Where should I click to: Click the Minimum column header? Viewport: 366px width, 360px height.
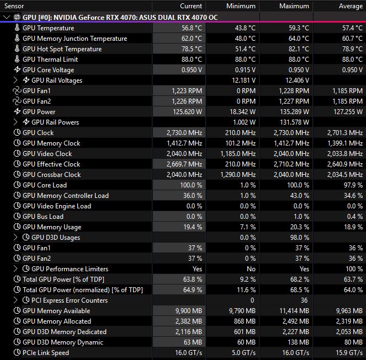241,6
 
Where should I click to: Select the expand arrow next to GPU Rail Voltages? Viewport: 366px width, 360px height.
16,80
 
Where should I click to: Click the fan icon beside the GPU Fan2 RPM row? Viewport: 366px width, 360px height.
17,101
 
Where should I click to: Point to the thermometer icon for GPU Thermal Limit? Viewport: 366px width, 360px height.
17,60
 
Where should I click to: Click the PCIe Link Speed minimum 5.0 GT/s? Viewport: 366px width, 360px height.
242,353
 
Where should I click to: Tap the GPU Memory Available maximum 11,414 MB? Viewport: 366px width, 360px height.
293,311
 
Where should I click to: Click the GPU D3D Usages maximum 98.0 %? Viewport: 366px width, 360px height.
298,238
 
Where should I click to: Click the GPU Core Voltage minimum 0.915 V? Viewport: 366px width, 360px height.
243,70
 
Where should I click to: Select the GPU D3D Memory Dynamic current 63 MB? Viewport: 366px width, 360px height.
192,342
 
